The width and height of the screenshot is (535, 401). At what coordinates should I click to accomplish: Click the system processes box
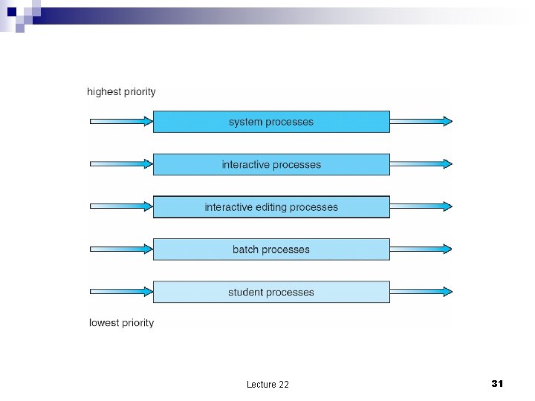tap(271, 122)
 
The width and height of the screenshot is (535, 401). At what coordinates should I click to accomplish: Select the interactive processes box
tap(271, 164)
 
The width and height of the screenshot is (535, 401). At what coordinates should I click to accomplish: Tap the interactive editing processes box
tap(271, 207)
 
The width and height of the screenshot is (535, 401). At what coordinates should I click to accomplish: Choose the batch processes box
tap(271, 250)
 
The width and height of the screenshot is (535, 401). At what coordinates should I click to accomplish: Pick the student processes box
tap(271, 292)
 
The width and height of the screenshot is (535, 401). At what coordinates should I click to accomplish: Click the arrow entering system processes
tap(121, 122)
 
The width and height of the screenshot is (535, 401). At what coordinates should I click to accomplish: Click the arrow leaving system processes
tap(421, 122)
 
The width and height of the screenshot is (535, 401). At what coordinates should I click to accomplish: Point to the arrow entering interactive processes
tap(121, 164)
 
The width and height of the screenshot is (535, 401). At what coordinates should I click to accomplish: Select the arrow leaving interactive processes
tap(421, 164)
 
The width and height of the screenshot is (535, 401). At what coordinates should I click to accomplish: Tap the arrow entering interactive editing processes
tap(121, 207)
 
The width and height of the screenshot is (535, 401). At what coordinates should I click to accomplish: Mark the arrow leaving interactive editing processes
tap(421, 207)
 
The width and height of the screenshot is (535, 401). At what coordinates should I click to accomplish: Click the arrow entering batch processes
tap(121, 250)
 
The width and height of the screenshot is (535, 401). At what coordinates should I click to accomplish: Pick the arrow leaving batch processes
tap(421, 250)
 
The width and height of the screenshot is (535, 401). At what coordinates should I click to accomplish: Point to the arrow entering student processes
tap(121, 292)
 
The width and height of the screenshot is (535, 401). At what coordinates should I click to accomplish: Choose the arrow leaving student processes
tap(421, 292)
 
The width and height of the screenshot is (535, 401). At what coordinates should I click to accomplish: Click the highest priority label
tap(122, 92)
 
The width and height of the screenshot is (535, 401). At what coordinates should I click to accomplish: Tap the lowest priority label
tap(122, 323)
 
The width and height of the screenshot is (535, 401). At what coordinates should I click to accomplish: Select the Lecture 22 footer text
tap(267, 384)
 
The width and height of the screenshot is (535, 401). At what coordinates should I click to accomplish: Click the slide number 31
tap(497, 383)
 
